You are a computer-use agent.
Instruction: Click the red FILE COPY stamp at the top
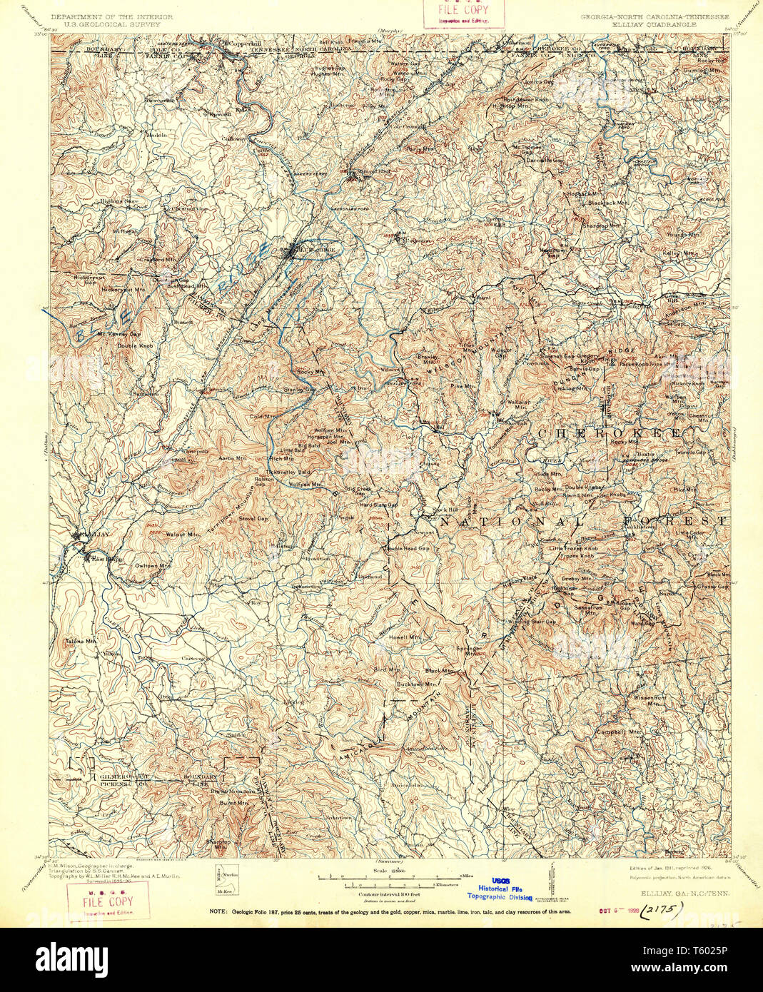pyautogui.click(x=464, y=12)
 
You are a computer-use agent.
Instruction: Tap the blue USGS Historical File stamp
pyautogui.click(x=500, y=889)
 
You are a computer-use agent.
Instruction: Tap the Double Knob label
pyautogui.click(x=135, y=346)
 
